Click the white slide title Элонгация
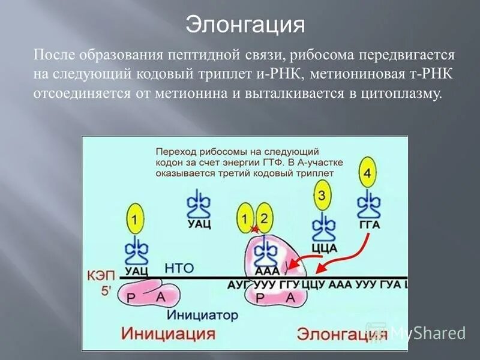(245, 25)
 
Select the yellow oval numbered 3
(322, 196)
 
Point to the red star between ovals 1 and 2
(254, 229)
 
